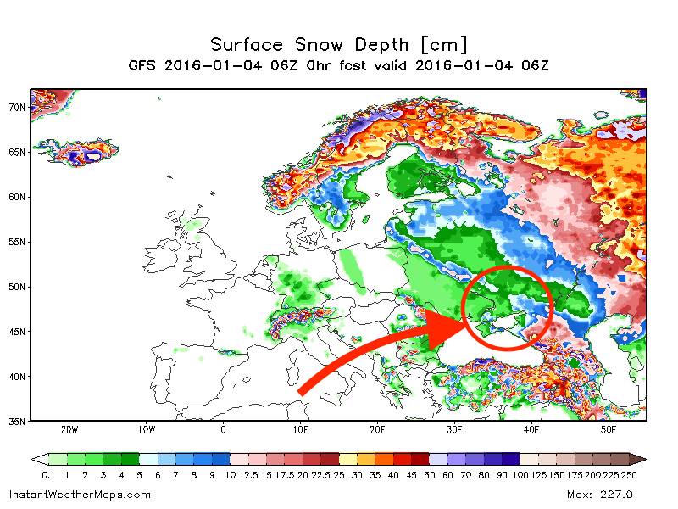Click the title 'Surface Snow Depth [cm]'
(x=339, y=44)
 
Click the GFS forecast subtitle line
(x=339, y=65)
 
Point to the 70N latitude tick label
(x=17, y=108)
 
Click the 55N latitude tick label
(x=17, y=242)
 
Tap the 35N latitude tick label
(x=17, y=421)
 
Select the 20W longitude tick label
(x=69, y=430)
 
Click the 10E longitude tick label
(x=300, y=430)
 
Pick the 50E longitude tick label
(x=609, y=430)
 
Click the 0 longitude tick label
(x=223, y=430)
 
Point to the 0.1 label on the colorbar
(x=47, y=474)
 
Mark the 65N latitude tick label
(x=17, y=153)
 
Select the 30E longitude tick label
(x=454, y=430)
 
